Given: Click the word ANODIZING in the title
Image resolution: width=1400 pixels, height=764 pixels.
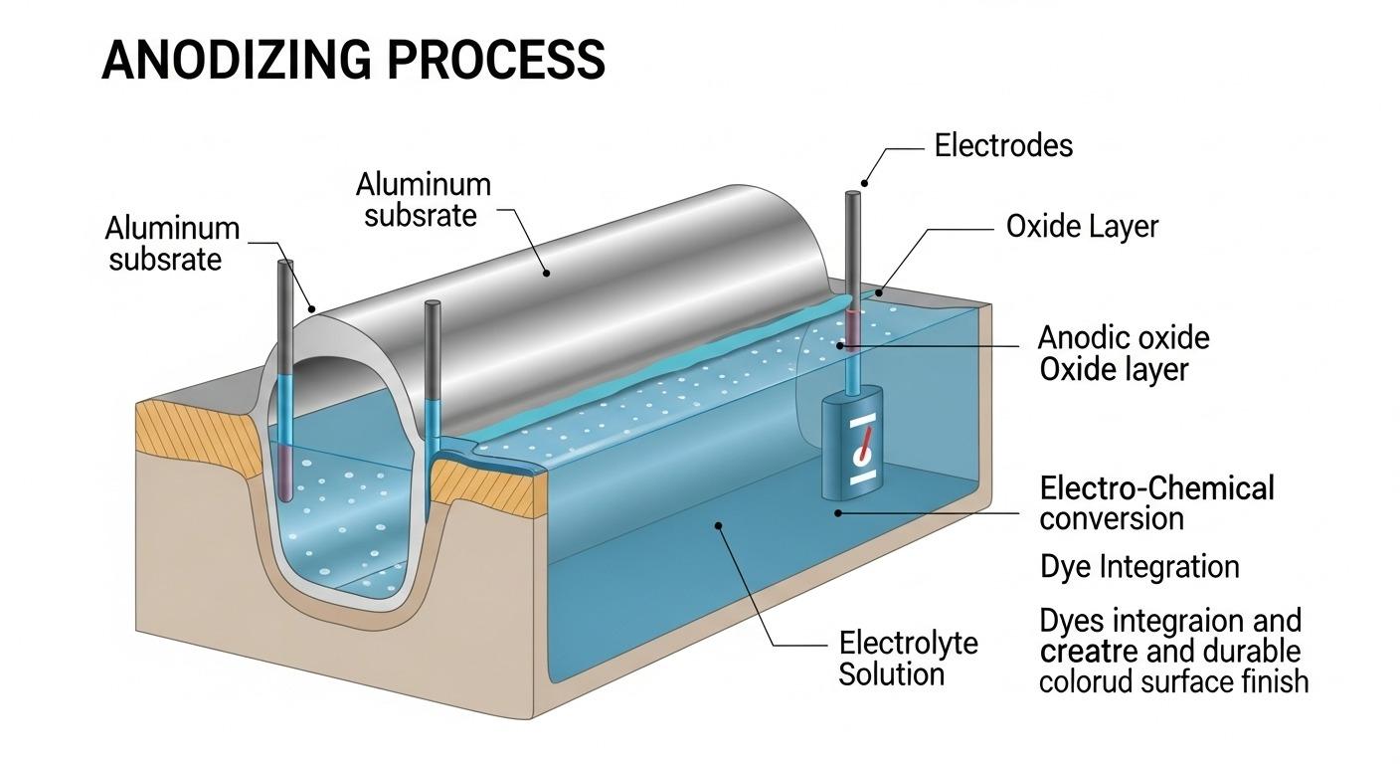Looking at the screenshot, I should (237, 61).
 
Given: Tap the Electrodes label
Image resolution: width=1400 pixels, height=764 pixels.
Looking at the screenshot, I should (1003, 146).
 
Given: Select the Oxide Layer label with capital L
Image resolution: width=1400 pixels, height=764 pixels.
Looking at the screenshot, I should (1082, 227).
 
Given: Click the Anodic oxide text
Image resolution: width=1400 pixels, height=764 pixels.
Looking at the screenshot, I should (1124, 337).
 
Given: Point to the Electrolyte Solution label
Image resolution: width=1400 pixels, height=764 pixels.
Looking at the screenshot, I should (907, 658).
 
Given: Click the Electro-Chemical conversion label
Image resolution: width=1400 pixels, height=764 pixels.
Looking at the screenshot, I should (1156, 502).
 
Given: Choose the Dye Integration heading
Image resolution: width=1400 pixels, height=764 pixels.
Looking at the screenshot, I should (1139, 567).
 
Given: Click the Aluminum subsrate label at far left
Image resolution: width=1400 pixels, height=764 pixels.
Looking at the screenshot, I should (172, 244).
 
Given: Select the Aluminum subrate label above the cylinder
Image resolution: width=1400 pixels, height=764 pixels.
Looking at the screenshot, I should (424, 199).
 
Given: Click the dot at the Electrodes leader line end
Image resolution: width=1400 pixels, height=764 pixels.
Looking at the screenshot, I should (864, 183).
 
